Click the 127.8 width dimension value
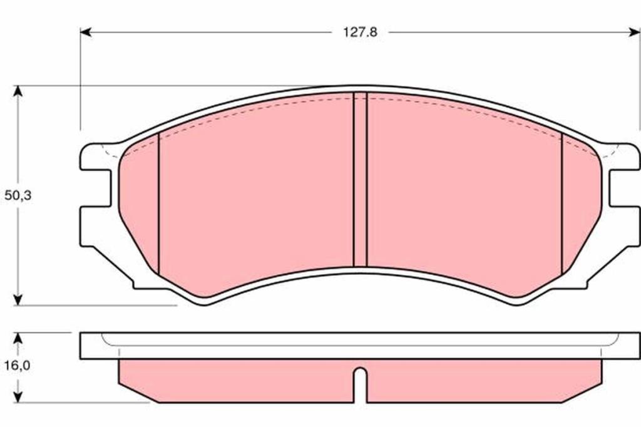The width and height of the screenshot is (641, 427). pyautogui.click(x=360, y=33)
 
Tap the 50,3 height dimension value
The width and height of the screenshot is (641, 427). pyautogui.click(x=18, y=195)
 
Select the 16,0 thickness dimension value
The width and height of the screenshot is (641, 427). pyautogui.click(x=17, y=365)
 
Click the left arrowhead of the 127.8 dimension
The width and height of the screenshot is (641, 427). pyautogui.click(x=86, y=33)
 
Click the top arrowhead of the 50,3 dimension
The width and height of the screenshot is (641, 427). pyautogui.click(x=18, y=91)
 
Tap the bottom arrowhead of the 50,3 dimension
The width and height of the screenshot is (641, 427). pyautogui.click(x=18, y=300)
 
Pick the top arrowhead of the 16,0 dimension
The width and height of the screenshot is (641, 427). pyautogui.click(x=18, y=338)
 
